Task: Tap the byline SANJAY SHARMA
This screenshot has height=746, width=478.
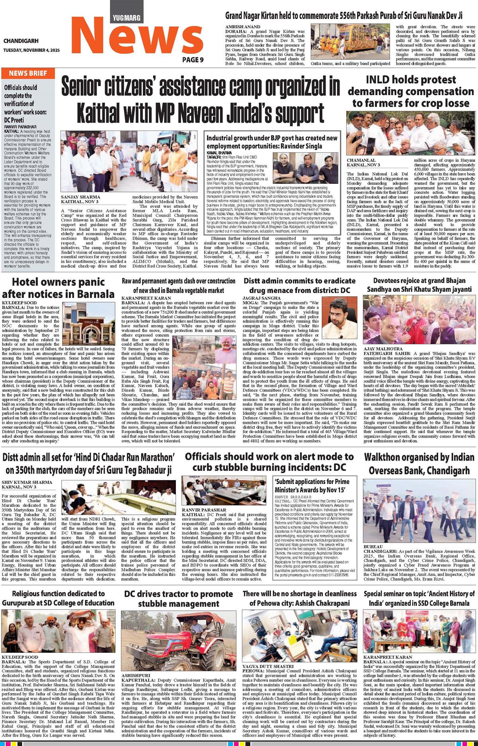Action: tap(80, 197)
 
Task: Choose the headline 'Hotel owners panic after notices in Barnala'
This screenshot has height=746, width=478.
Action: tap(58, 287)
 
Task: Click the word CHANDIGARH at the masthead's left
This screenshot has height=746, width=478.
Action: tap(21, 41)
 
